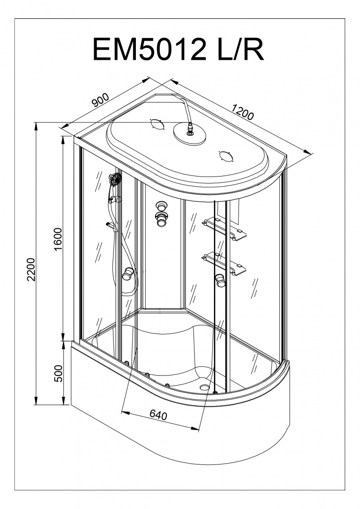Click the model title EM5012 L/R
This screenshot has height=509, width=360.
coord(179,49)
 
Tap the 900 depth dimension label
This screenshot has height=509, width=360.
coord(100,100)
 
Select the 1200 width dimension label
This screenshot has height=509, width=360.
coord(242,112)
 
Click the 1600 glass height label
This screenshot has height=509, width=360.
coord(58,239)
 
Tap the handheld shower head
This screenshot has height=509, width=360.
coord(115,179)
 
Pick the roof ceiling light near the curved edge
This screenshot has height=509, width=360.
coord(226,157)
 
